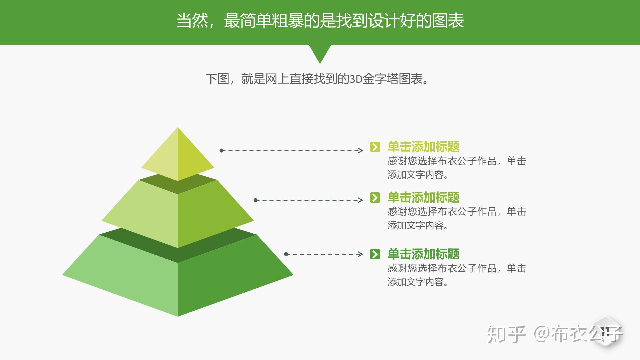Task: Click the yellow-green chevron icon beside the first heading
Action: (x=375, y=147)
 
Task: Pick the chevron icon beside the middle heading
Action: (x=375, y=198)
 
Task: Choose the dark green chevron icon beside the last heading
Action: (x=375, y=254)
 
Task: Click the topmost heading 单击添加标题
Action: (x=423, y=147)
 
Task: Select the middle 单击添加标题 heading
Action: (x=423, y=198)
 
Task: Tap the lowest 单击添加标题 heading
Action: (x=423, y=254)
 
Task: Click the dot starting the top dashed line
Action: (x=222, y=151)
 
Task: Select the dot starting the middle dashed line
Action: (x=256, y=200)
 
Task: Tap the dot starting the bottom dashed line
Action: (x=286, y=254)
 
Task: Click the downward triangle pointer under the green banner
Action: (x=320, y=53)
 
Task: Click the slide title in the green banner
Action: (x=320, y=21)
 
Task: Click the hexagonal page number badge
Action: (x=606, y=331)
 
